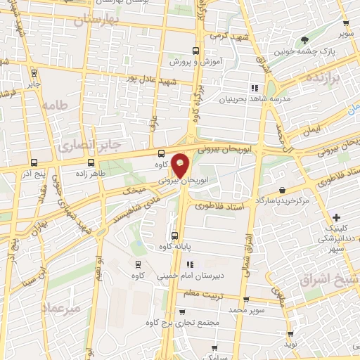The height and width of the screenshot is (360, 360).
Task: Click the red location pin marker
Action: (181, 165)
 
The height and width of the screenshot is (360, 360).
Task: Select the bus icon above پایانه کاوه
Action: (175, 236)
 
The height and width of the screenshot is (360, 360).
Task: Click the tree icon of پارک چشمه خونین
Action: (304, 40)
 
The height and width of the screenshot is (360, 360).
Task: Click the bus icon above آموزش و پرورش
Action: (196, 51)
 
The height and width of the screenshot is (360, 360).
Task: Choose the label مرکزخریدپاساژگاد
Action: (282, 201)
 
